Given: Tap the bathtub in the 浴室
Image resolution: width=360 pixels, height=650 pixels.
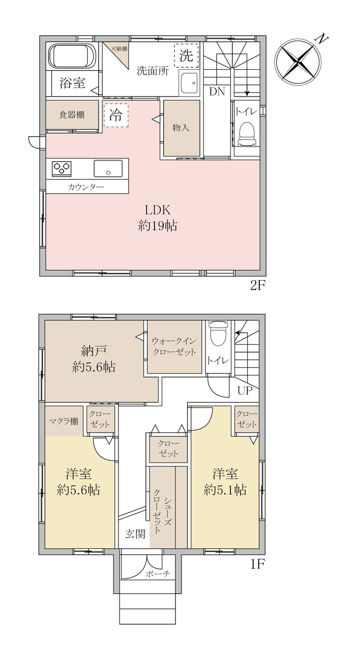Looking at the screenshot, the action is [72, 56].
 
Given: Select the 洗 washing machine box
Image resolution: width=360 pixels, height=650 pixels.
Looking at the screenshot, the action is [186, 55].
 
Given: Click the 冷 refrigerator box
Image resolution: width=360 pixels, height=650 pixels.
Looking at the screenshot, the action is [116, 115].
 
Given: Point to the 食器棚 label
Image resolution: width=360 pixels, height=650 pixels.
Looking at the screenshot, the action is [72, 115].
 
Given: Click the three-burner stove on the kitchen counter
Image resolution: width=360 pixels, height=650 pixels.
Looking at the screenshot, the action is [62, 168].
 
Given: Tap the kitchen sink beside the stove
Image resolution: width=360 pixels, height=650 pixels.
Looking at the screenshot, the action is [108, 168].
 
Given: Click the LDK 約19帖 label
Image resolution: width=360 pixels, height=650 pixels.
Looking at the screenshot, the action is [157, 218].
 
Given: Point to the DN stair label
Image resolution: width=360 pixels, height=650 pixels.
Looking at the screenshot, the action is [217, 91].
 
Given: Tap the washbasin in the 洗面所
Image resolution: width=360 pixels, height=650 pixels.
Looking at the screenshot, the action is [189, 82].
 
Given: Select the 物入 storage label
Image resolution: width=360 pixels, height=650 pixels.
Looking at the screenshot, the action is [181, 127].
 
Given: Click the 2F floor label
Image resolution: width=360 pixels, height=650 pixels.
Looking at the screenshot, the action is [258, 286].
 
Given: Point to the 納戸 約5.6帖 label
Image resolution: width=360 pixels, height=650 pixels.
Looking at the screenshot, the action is [94, 359].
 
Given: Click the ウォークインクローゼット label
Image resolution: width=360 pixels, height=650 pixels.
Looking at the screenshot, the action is [174, 347].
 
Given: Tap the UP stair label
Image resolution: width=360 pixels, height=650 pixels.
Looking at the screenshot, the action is [245, 391].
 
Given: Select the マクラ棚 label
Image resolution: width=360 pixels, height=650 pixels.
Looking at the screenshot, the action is [64, 421].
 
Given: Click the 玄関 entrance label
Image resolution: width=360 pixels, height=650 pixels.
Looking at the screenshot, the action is [135, 534].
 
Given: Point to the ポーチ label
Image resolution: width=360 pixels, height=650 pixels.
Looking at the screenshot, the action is [158, 574].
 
